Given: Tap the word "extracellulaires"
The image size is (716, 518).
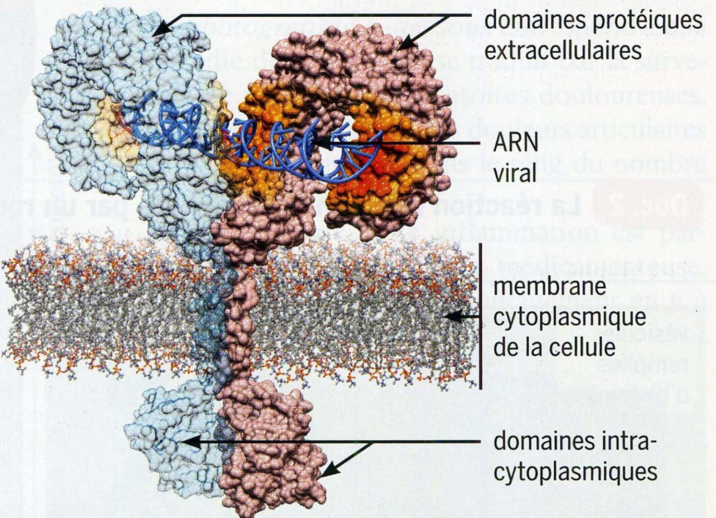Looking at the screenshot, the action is pyautogui.click(x=563, y=50).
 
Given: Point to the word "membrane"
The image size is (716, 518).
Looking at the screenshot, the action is pyautogui.click(x=549, y=287).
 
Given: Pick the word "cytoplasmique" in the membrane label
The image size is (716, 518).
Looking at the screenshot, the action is pyautogui.click(x=569, y=317).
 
